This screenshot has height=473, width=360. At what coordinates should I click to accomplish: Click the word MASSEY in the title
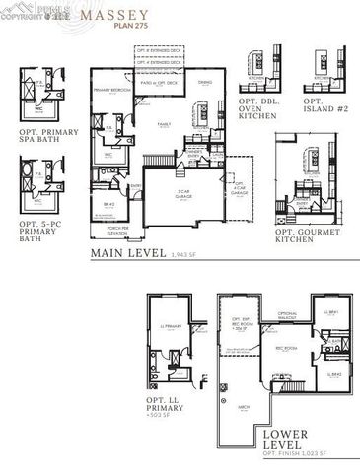click(123, 16)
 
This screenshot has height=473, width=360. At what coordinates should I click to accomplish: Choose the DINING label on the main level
click(205, 82)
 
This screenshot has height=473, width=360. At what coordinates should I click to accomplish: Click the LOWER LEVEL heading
click(286, 439)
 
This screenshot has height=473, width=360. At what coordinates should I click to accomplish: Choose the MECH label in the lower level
click(243, 404)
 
